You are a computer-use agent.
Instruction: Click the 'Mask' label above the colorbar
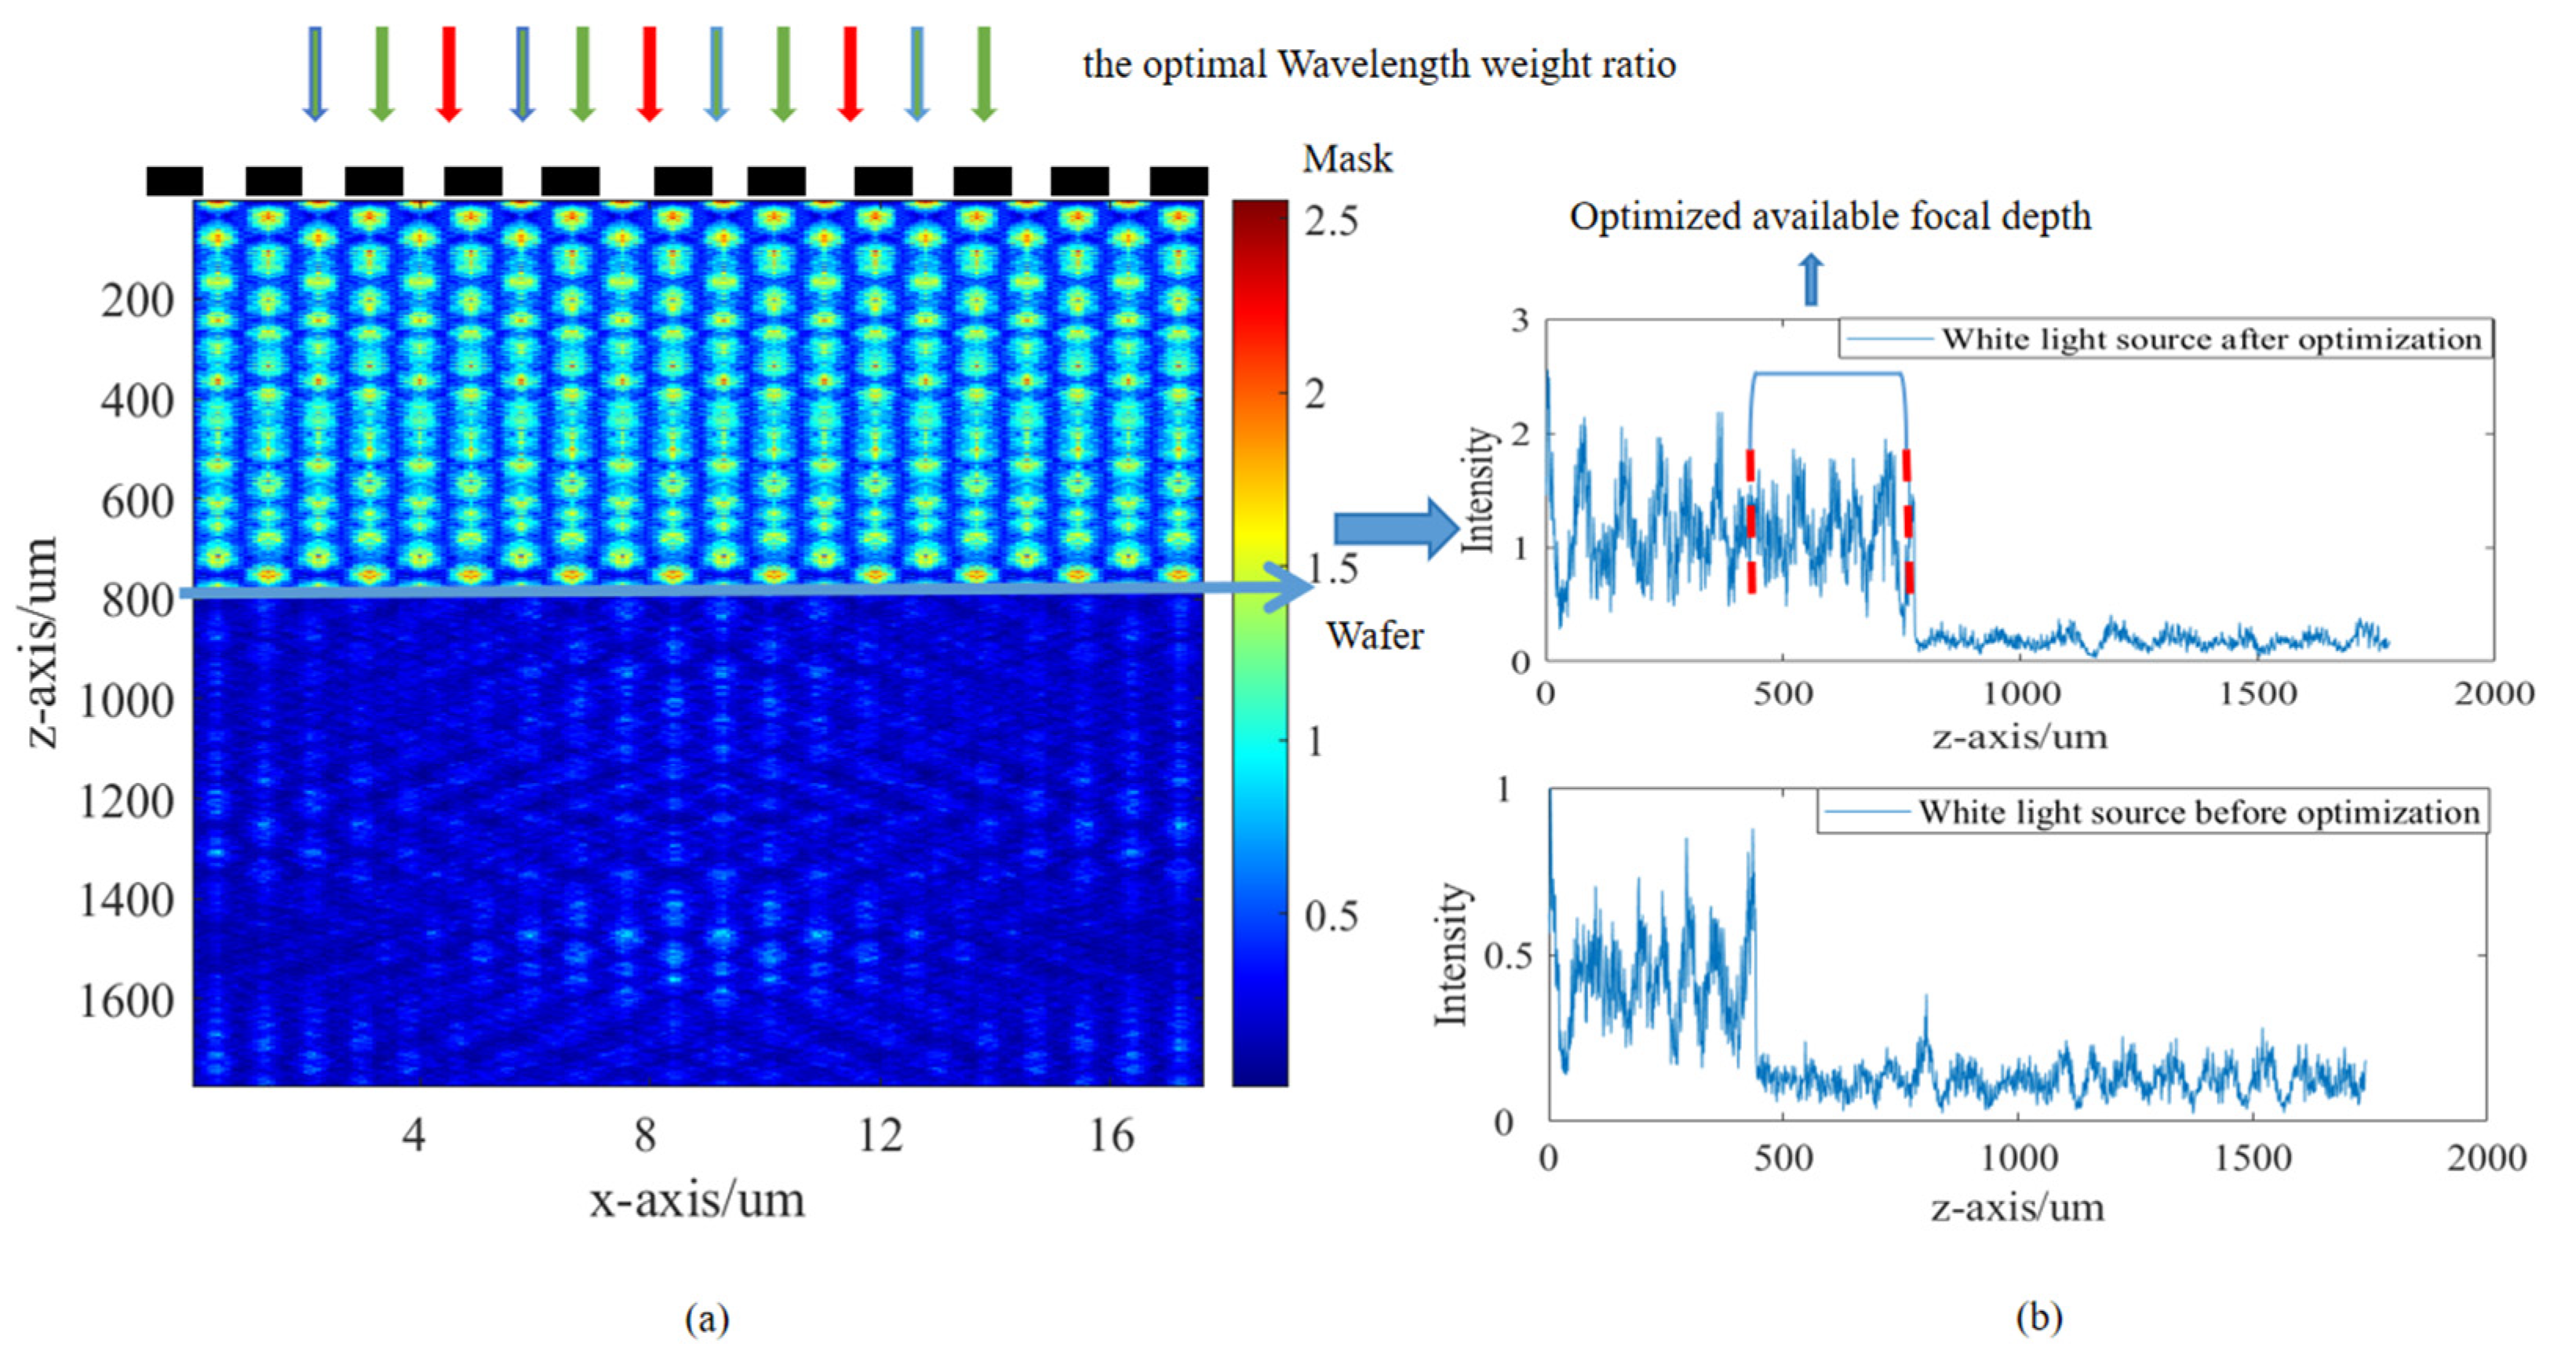1346,158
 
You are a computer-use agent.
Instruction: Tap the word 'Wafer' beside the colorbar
1374,635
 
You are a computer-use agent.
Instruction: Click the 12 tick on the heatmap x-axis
880,1135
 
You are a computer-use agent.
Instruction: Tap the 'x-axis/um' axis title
697,1200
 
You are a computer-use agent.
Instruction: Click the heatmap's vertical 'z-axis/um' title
42,642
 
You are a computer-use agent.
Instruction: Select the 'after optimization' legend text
2211,339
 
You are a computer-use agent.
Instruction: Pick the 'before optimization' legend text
2198,812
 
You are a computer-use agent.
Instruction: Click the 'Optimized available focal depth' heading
1829,216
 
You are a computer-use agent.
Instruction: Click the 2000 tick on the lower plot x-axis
2486,1158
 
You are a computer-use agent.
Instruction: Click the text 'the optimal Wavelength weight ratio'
1378,64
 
